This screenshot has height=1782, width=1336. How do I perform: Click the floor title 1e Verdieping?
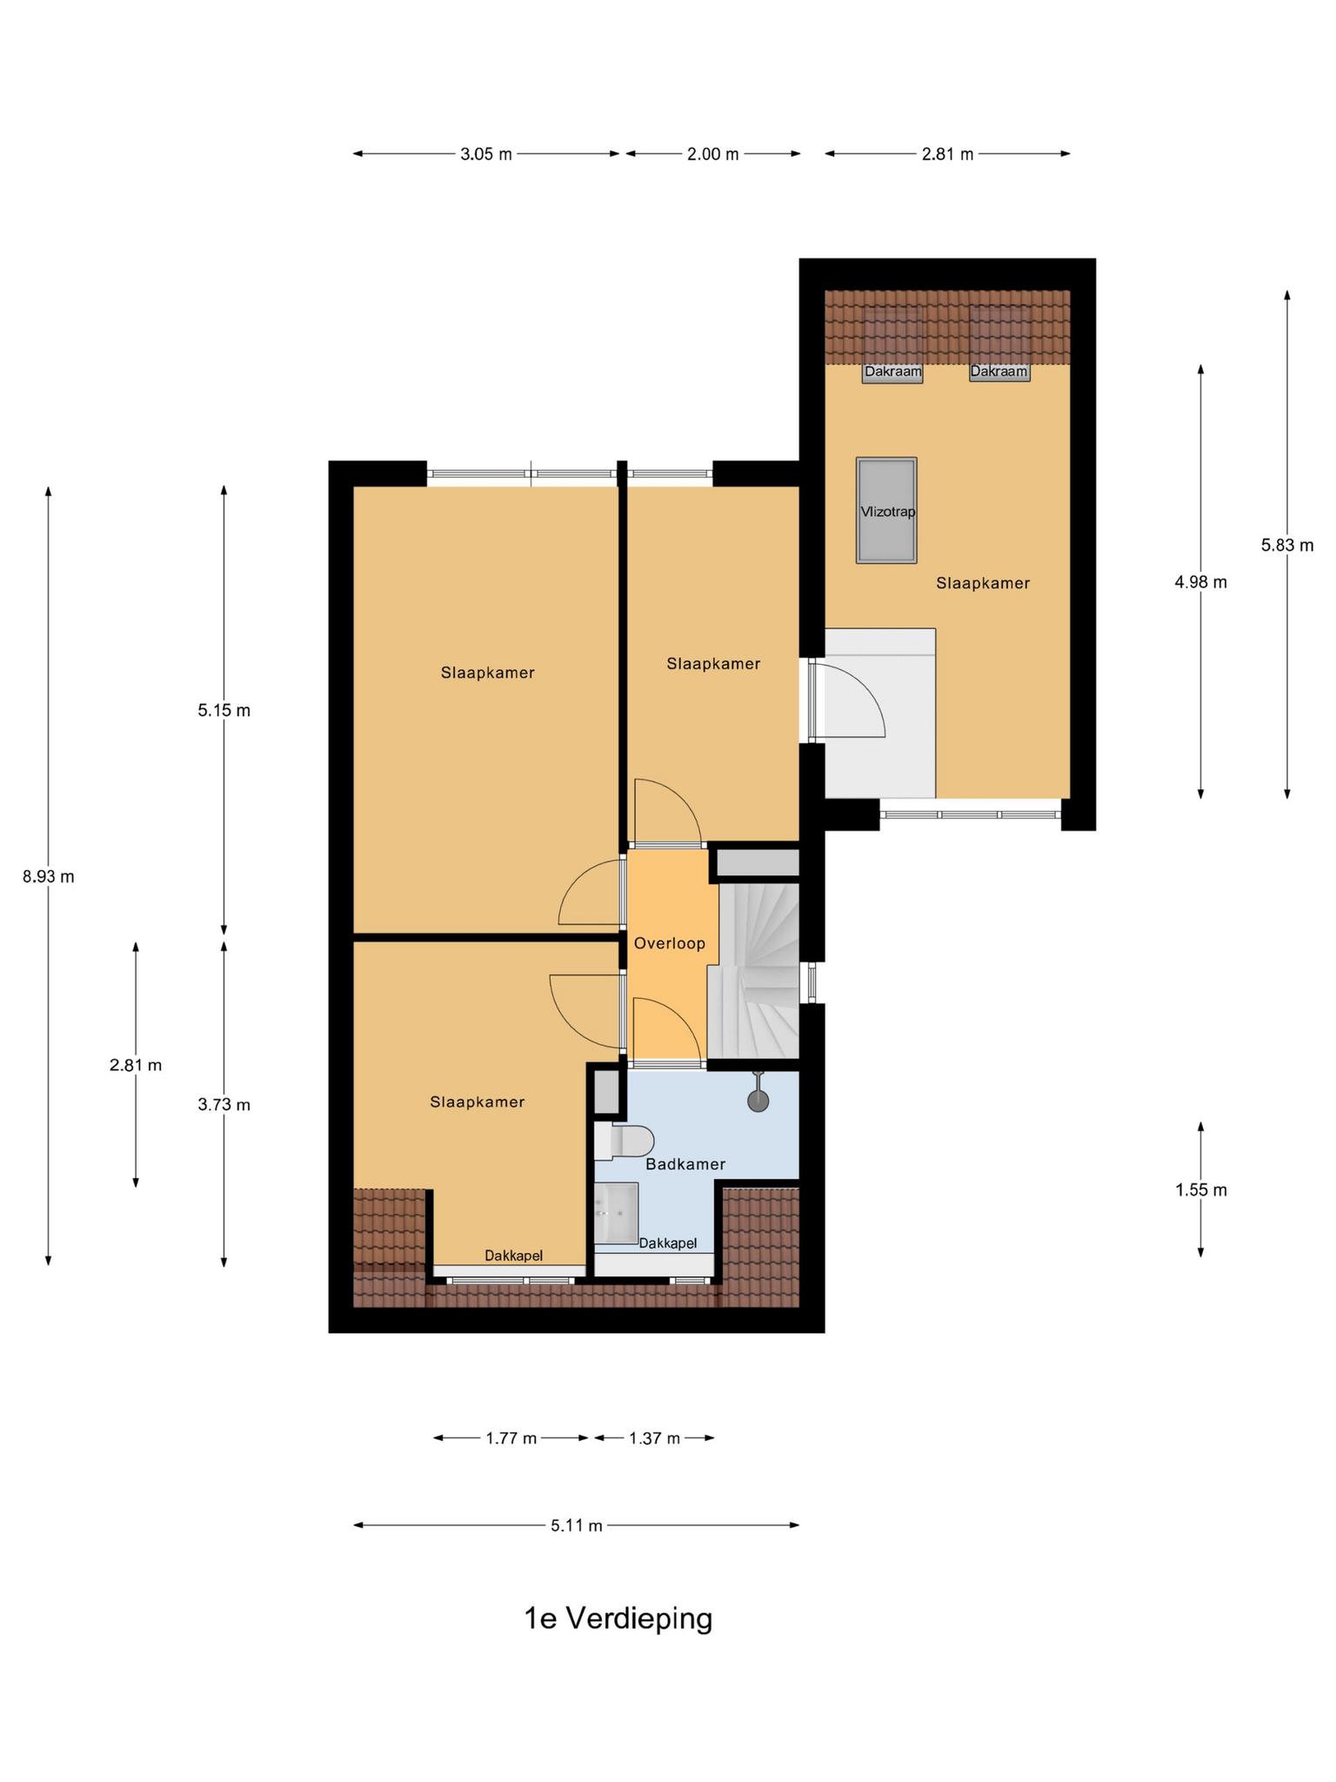pyautogui.click(x=618, y=1618)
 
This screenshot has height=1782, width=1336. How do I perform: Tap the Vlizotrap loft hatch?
pyautogui.click(x=886, y=510)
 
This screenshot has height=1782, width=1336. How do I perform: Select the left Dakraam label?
pyautogui.click(x=892, y=372)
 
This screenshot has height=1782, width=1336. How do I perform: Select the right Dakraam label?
pyautogui.click(x=999, y=372)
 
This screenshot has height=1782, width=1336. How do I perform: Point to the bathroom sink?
pyautogui.click(x=617, y=1212)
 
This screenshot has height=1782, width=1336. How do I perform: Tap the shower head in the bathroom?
pyautogui.click(x=758, y=1095)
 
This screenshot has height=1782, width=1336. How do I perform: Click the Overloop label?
pyautogui.click(x=670, y=943)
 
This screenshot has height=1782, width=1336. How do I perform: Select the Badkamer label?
pyautogui.click(x=685, y=1164)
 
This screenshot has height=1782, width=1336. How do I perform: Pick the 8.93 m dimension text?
pyautogui.click(x=49, y=877)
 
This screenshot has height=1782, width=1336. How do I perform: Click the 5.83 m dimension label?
pyautogui.click(x=1287, y=546)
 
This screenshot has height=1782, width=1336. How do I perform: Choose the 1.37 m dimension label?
pyautogui.click(x=655, y=1438)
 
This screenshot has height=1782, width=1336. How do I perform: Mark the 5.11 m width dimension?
pyautogui.click(x=577, y=1525)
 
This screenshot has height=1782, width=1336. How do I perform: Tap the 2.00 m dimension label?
pyautogui.click(x=713, y=154)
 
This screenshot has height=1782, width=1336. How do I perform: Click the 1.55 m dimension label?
pyautogui.click(x=1201, y=1190)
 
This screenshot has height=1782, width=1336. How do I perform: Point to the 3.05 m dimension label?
pyautogui.click(x=486, y=154)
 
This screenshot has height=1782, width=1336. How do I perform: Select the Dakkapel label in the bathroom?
pyautogui.click(x=668, y=1243)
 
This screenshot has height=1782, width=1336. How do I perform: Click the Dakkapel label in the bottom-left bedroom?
pyautogui.click(x=514, y=1256)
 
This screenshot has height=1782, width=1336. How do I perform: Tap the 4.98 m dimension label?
pyautogui.click(x=1201, y=582)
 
